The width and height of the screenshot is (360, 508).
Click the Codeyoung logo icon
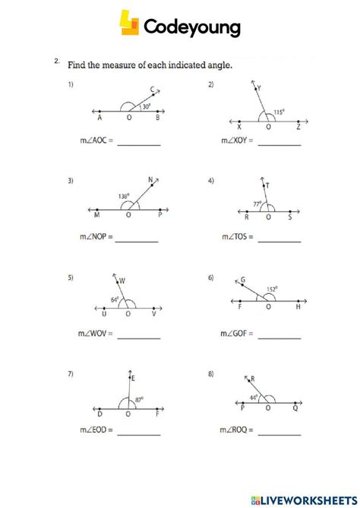[x=129, y=23]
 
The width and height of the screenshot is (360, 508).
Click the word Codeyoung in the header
[x=191, y=28]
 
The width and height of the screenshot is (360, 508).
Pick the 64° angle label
[x=115, y=300]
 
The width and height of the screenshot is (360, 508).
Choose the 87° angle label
[x=140, y=399]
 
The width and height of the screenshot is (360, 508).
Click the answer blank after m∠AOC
[x=138, y=143]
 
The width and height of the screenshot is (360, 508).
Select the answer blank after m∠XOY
[x=279, y=143]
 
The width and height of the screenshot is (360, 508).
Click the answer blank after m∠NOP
[x=137, y=240]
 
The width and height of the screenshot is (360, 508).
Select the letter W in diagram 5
[x=122, y=282]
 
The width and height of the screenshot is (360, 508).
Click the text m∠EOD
[x=96, y=432]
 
